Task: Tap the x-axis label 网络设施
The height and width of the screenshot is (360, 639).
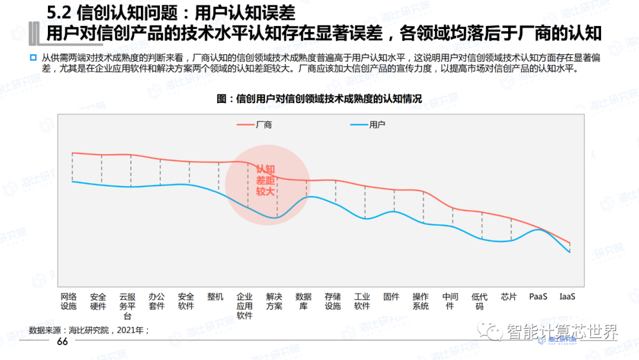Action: click(69, 301)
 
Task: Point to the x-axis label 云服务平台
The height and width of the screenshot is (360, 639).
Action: click(127, 306)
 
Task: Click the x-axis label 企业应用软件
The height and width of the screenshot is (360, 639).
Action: click(244, 306)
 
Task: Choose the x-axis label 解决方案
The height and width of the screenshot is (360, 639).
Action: click(274, 301)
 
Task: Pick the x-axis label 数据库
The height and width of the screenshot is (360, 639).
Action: click(304, 301)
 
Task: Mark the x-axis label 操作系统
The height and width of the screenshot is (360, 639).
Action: click(421, 301)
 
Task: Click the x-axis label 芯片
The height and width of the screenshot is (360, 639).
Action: click(509, 297)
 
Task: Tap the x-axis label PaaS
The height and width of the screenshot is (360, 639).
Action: click(538, 297)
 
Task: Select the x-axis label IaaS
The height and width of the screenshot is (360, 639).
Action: click(567, 297)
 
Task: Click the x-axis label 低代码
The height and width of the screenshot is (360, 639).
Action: click(479, 301)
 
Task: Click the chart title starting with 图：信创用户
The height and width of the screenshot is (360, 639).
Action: click(319, 98)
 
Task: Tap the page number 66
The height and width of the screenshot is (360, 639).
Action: click(63, 343)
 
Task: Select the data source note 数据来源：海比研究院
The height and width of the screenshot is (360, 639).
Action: click(89, 330)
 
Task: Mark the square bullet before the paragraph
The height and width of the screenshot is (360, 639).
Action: click(33, 57)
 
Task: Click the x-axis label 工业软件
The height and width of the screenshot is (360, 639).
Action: click(362, 301)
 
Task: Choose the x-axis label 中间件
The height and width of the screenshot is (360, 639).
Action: click(450, 301)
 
